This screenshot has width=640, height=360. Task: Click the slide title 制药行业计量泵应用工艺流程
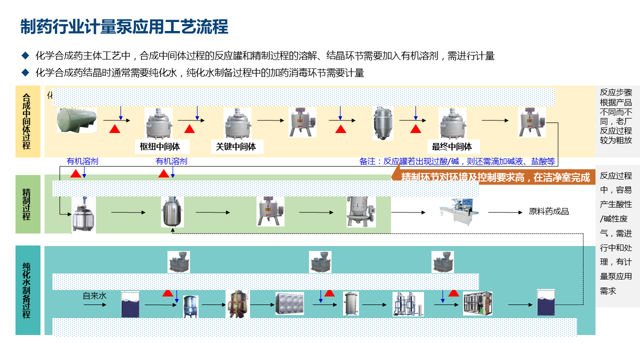pyautogui.click(x=124, y=27)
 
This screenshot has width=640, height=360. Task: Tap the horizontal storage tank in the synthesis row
pyautogui.click(x=77, y=120)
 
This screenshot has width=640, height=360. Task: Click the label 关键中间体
pyautogui.click(x=236, y=146)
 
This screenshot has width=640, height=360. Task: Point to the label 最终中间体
pyautogui.click(x=452, y=146)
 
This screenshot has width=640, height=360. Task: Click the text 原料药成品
pyautogui.click(x=549, y=211)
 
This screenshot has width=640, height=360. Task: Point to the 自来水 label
pyautogui.click(x=94, y=296)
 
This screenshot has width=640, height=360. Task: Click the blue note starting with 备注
pyautogui.click(x=457, y=161)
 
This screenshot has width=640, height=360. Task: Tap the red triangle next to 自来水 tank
pyautogui.click(x=167, y=293)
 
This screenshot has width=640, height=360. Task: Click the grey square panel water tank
pyautogui.click(x=289, y=303)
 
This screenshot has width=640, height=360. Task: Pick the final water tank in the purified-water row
pyautogui.click(x=546, y=302)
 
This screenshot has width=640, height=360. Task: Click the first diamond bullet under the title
pyautogui.click(x=25, y=55)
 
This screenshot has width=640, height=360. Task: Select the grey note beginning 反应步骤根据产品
pyautogui.click(x=617, y=116)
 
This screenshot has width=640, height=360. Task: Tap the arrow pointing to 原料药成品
pyautogui.click(x=505, y=212)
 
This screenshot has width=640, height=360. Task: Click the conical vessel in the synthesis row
pyautogui.click(x=383, y=123)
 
